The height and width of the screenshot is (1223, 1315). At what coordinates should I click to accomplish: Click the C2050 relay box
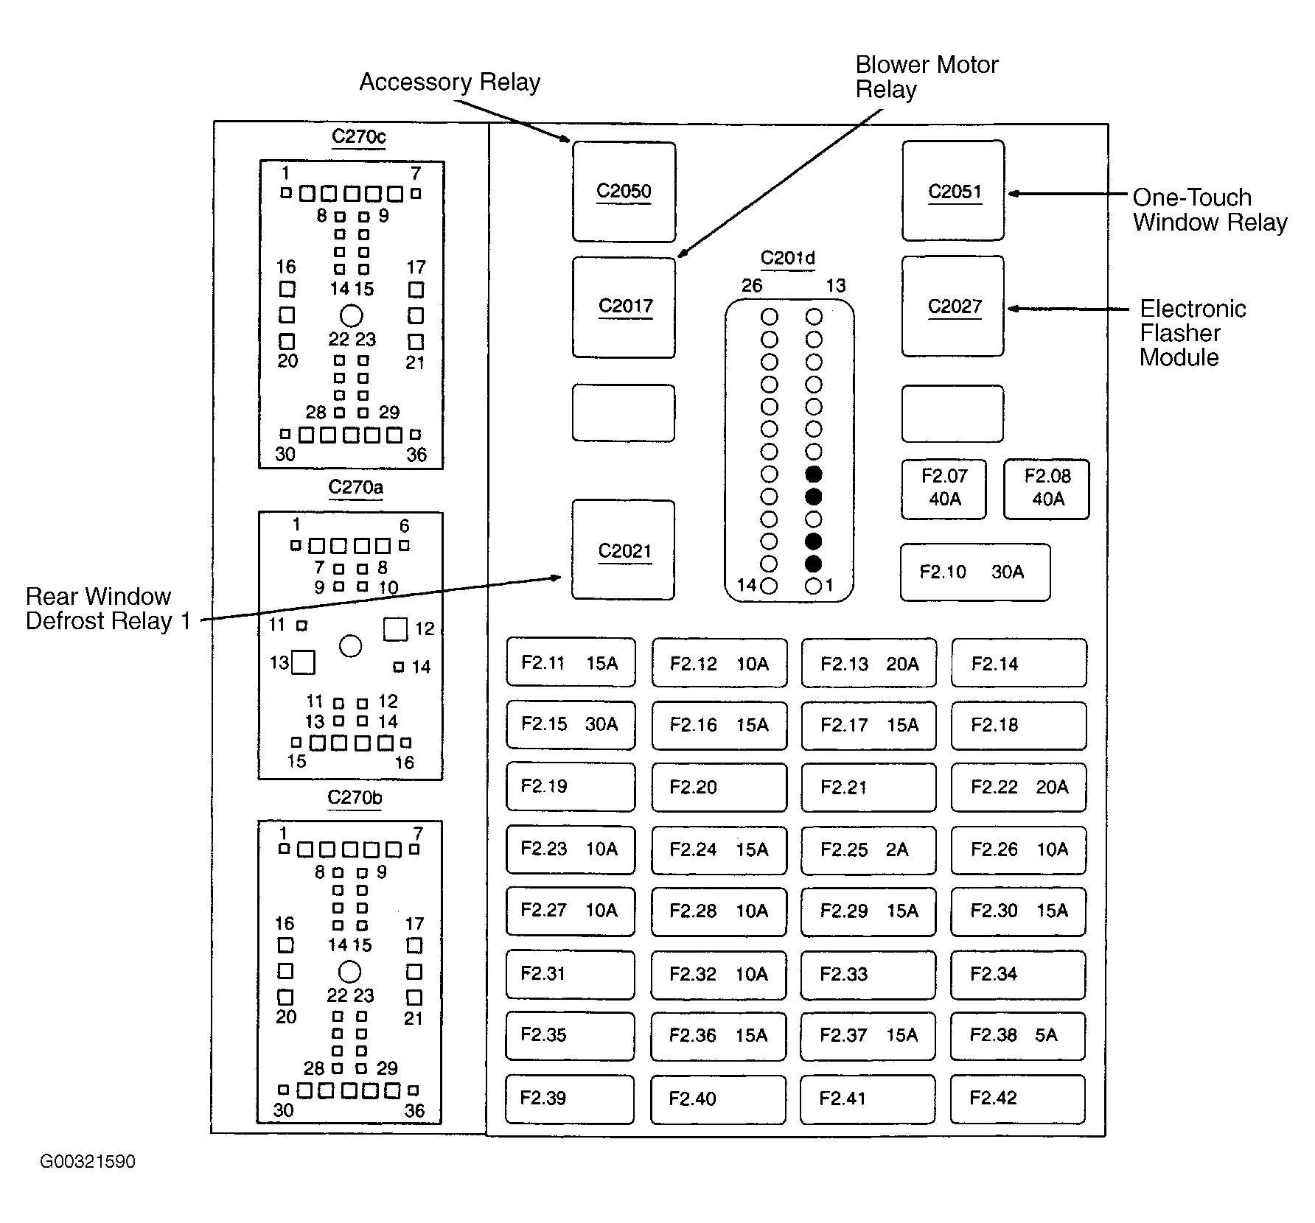(624, 192)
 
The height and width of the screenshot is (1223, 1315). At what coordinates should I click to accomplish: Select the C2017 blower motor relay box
(624, 307)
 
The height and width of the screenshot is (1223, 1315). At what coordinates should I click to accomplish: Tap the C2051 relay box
(953, 191)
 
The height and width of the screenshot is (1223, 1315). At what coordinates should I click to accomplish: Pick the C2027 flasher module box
(953, 306)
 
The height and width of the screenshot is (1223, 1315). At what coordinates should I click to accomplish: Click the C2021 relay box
(623, 550)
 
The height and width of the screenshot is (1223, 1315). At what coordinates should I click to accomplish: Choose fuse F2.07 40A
(943, 489)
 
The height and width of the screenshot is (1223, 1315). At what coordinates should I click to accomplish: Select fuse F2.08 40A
(1047, 489)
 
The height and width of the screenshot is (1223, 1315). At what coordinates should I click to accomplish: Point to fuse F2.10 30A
(975, 572)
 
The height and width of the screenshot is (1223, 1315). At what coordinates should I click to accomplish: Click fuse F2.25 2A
(868, 850)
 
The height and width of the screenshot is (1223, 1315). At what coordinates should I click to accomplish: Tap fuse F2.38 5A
(1018, 1036)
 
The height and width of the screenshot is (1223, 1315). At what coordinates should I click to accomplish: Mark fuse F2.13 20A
(869, 663)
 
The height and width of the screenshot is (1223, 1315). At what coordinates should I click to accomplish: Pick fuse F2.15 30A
(571, 725)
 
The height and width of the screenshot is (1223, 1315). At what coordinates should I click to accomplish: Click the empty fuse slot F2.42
(1018, 1098)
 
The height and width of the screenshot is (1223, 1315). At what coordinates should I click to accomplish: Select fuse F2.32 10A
(719, 975)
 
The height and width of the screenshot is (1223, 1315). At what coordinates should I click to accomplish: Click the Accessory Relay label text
(450, 82)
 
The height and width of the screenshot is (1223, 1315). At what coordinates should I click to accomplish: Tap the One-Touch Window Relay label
(1210, 210)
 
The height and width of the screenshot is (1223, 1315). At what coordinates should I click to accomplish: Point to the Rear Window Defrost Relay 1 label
(108, 609)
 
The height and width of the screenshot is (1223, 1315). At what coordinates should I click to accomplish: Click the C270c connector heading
(359, 136)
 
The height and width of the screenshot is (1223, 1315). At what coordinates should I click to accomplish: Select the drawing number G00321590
(88, 1162)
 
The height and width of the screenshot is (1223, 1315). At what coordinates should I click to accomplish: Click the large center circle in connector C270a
(350, 646)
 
